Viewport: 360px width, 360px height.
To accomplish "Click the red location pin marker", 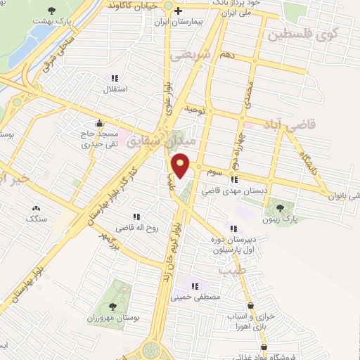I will (x=181, y=165).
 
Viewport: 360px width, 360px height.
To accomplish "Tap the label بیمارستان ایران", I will (x=180, y=22).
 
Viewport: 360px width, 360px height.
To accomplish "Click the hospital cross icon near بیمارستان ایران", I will (x=179, y=11).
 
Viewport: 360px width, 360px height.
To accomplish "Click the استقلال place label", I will (x=114, y=89).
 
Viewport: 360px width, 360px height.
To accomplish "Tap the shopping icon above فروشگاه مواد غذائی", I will (x=264, y=347).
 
